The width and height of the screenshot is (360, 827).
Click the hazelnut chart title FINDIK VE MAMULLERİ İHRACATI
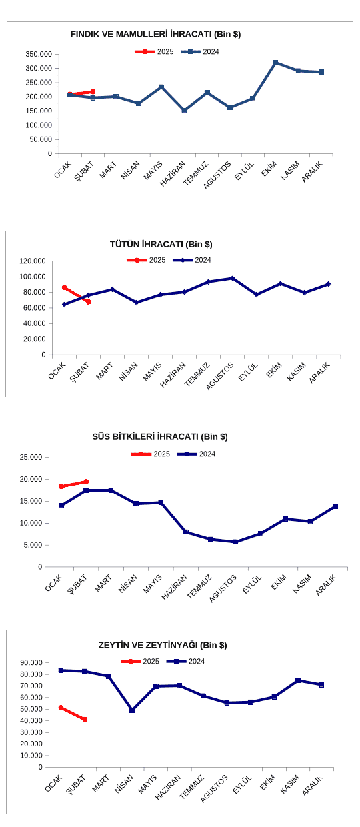pyautogui.click(x=155, y=35)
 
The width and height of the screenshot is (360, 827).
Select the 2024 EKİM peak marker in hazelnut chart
pyautogui.click(x=275, y=63)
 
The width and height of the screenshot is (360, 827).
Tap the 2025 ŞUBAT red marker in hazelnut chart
pyautogui.click(x=93, y=91)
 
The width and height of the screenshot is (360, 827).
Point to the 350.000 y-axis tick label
pyautogui.click(x=39, y=54)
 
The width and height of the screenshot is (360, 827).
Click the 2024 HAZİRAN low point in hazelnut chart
pyautogui.click(x=184, y=111)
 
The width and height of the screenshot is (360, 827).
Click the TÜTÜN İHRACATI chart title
pyautogui.click(x=161, y=245)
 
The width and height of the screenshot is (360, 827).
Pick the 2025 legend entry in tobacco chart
pyautogui.click(x=146, y=260)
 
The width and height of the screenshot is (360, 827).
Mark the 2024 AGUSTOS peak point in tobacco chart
pyautogui.click(x=232, y=278)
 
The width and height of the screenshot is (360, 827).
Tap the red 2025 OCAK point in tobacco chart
pyautogui.click(x=64, y=287)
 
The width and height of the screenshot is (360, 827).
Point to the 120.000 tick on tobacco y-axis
pyautogui.click(x=33, y=261)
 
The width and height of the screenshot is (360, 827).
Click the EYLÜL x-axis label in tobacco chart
pyautogui.click(x=249, y=372)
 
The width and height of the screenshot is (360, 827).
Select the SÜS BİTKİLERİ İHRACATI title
pyautogui.click(x=160, y=436)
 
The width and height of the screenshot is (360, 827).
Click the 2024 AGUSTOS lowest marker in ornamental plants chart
pyautogui.click(x=235, y=542)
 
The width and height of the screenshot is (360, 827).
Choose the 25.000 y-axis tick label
pyautogui.click(x=31, y=457)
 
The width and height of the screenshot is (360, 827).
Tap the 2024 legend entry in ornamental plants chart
pyautogui.click(x=196, y=454)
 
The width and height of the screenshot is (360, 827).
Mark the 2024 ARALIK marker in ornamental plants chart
pyautogui.click(x=335, y=506)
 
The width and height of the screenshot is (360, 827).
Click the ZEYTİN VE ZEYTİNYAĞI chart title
pyautogui.click(x=163, y=645)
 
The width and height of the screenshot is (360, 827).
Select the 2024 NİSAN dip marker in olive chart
pyautogui.click(x=132, y=710)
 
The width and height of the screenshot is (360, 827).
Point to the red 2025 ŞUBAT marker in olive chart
pyautogui.click(x=85, y=719)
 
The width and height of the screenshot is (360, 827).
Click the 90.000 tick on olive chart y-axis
pyautogui.click(x=32, y=662)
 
